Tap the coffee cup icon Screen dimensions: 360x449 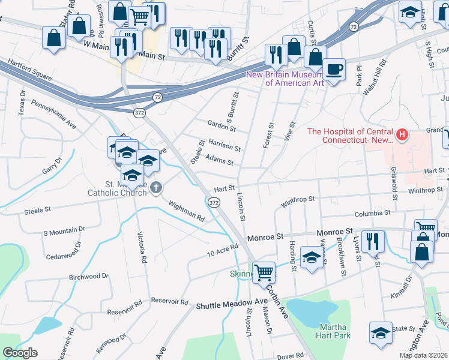tap(334, 68)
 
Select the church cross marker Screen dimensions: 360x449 tap(156, 188)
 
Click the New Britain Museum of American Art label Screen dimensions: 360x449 tap(286, 79)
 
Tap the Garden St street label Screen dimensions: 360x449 tap(221, 126)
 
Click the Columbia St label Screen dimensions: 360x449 tap(372, 213)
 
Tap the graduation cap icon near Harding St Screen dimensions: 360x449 tap(310, 257)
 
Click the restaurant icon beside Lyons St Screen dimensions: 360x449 tap(372, 241)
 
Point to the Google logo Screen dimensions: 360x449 tap(20, 353)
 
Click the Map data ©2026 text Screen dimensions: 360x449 tap(423, 355)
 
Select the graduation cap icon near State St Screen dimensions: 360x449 tap(381, 332)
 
